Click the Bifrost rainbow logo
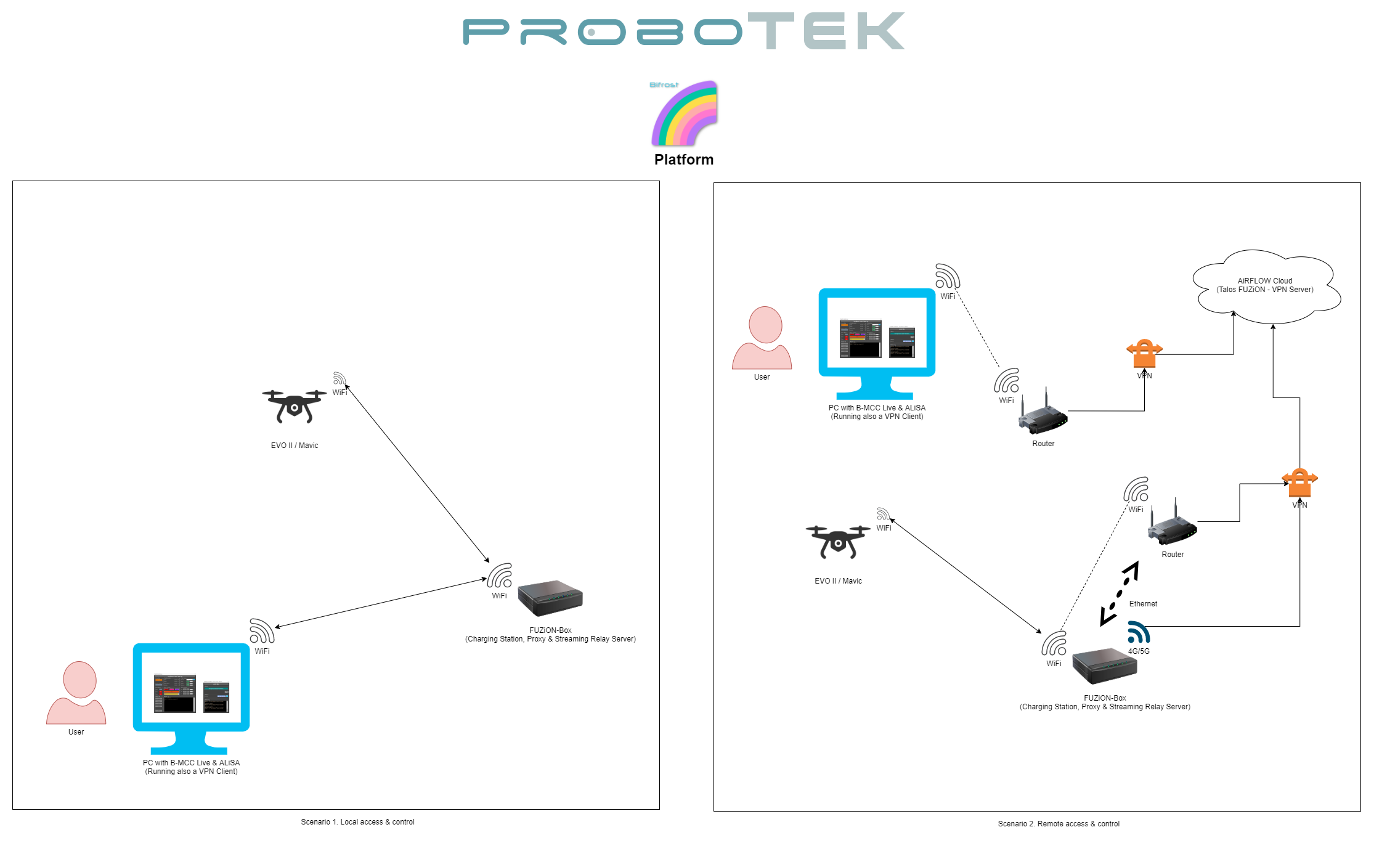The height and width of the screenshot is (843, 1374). (x=685, y=113)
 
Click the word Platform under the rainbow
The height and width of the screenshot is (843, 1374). (x=684, y=160)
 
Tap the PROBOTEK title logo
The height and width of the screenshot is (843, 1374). (x=684, y=31)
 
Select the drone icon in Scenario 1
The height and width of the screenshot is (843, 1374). (x=295, y=405)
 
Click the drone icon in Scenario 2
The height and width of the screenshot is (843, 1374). (x=838, y=541)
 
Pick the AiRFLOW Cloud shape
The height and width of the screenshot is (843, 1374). (x=1266, y=287)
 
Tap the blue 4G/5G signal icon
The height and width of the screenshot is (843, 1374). (x=1139, y=633)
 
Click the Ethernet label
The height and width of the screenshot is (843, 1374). (x=1143, y=604)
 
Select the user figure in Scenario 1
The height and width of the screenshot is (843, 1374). (x=76, y=693)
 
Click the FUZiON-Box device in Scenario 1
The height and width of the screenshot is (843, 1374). (x=550, y=598)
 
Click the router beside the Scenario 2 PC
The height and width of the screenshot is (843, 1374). (x=1043, y=415)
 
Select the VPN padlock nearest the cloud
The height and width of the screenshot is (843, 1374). (x=1144, y=353)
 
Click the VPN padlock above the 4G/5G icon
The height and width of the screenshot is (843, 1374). (x=1299, y=483)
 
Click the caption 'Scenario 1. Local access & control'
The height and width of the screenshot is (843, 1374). (x=357, y=822)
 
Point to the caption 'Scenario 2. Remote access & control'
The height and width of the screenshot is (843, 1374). (x=1059, y=824)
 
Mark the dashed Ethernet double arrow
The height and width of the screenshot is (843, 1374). (x=1120, y=593)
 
